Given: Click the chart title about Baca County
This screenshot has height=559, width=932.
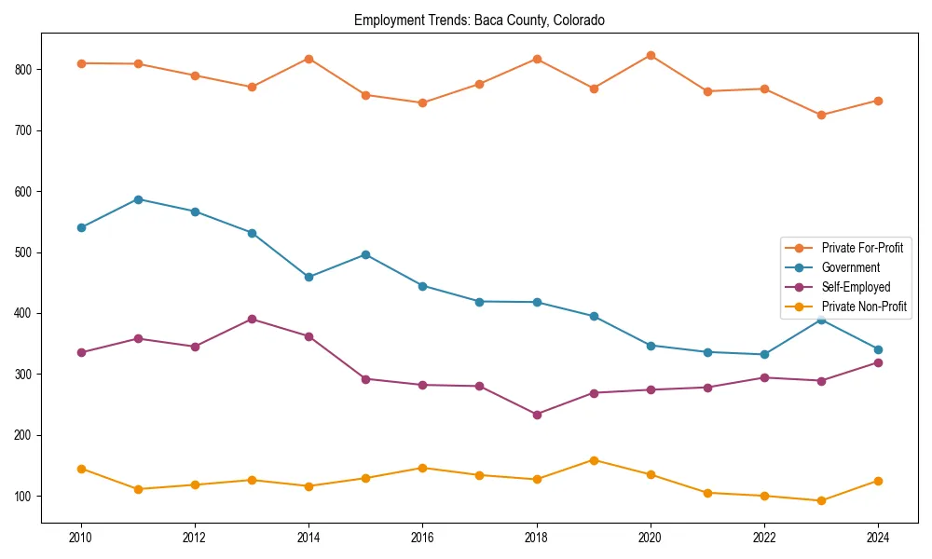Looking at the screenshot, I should point(479,20).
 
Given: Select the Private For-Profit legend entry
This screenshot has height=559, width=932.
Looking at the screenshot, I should point(850,248).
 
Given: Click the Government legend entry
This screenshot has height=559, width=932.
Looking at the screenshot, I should point(850,267).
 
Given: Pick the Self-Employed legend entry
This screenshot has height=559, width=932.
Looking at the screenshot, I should point(850,287).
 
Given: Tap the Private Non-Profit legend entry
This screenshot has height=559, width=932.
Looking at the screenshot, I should point(850,307).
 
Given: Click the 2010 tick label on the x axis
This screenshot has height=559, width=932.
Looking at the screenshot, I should point(81,537).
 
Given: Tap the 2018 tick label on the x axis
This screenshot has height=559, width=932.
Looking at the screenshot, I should point(536,537).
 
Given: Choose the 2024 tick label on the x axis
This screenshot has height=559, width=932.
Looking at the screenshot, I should point(878,537).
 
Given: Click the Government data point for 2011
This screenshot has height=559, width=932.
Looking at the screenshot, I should point(138,199).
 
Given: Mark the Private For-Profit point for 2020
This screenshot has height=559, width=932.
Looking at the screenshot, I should point(651,56).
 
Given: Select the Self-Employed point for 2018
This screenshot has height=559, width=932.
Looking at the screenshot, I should point(537,415).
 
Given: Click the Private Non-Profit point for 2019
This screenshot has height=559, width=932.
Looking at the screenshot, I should point(594,460).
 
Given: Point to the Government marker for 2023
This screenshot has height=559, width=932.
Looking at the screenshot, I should point(821,320).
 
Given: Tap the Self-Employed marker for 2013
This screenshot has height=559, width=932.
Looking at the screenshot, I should point(252,319).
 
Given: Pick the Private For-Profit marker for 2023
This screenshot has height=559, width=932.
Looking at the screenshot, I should point(821,116).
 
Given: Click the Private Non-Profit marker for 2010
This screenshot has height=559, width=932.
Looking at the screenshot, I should point(81,469).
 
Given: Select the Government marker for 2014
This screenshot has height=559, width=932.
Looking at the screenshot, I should point(308,277).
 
